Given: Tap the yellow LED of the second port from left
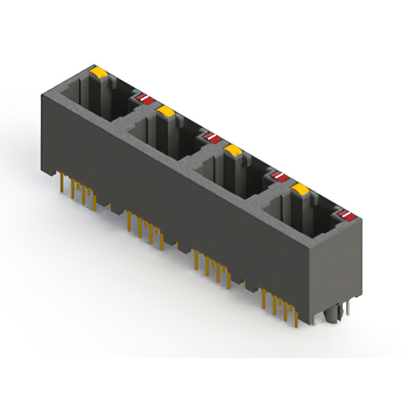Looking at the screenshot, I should coord(166,112).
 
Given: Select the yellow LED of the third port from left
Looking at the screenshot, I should coord(233,150).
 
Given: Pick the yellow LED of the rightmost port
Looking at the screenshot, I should coord(300,189).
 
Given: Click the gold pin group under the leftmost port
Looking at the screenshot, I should coord(79,188).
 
